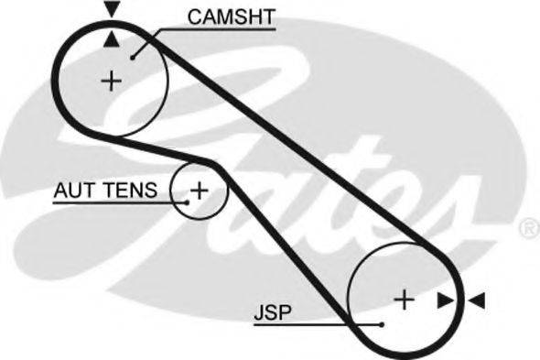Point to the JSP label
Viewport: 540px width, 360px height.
(x=271, y=313)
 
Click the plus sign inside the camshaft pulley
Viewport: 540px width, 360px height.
(x=111, y=81)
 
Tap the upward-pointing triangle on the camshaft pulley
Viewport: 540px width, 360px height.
(x=111, y=38)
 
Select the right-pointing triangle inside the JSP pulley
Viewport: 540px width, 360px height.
(x=445, y=300)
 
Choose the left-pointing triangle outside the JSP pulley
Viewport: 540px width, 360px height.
(x=478, y=300)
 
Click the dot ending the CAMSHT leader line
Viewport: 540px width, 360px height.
(x=133, y=57)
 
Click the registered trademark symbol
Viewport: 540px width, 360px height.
(x=528, y=225)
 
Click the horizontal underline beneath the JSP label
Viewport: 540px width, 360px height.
(x=302, y=323)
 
